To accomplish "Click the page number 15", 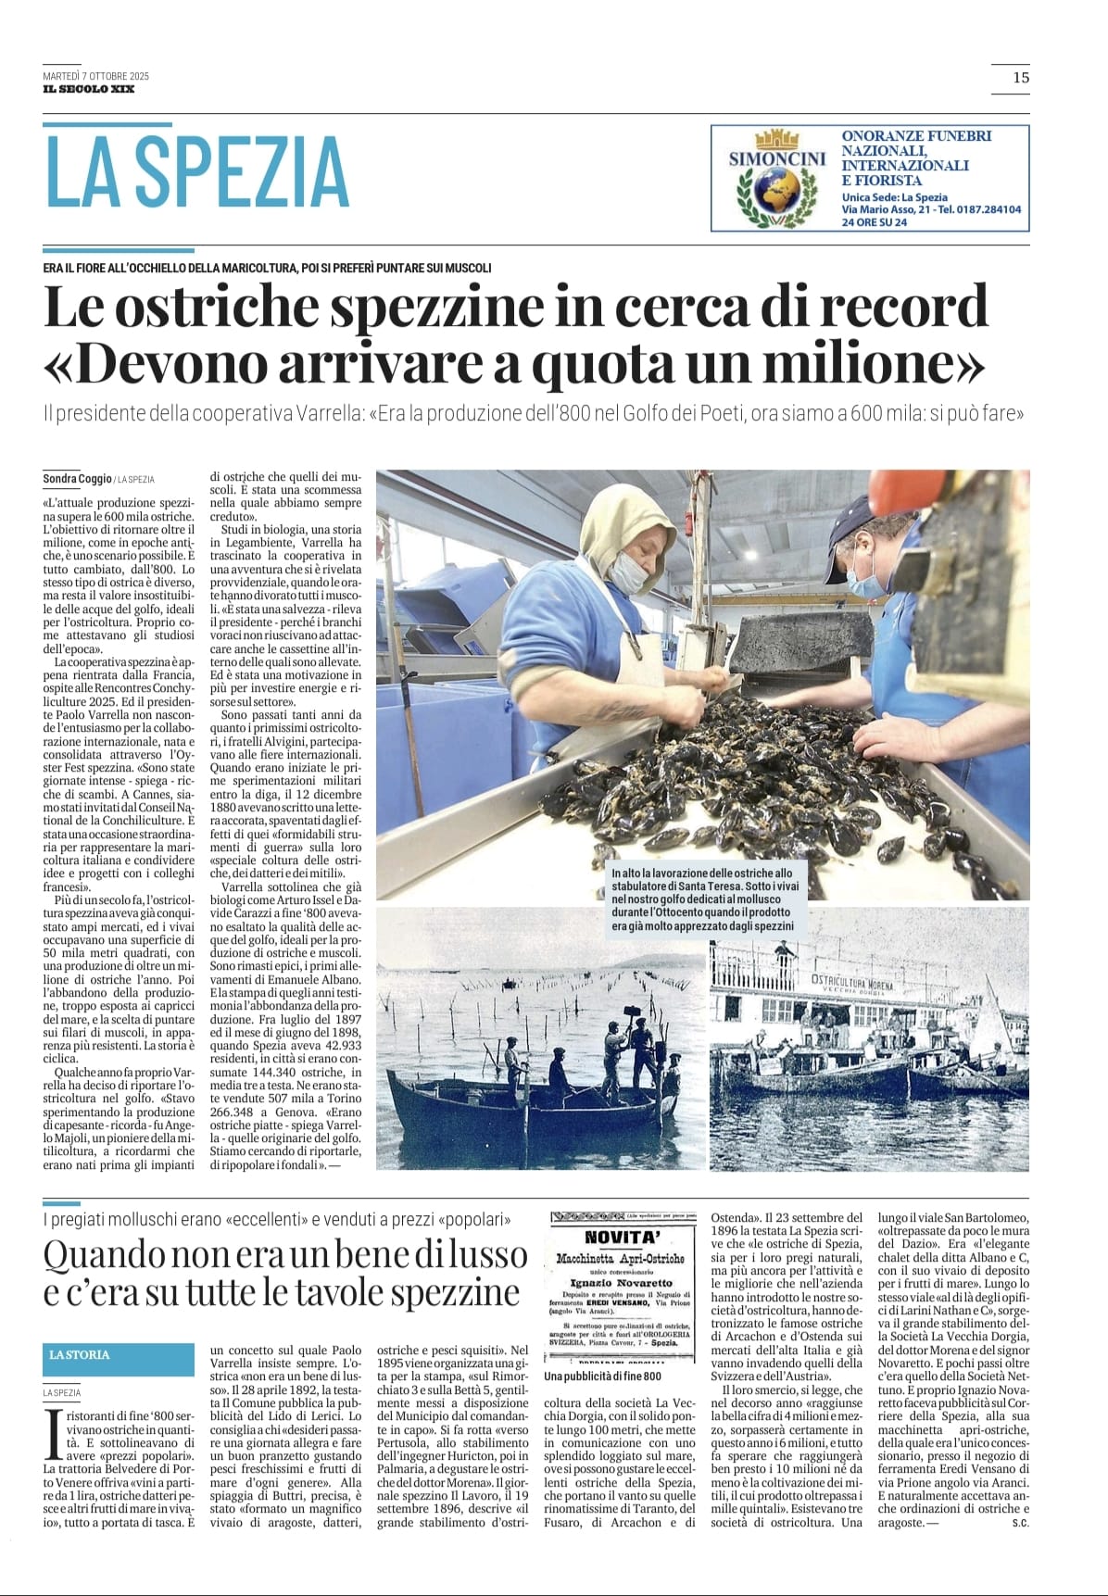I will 1020,78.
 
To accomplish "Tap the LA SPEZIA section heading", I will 196,172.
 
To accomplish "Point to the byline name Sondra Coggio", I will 77,479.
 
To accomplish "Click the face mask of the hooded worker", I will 626,571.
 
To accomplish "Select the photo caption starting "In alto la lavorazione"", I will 702,899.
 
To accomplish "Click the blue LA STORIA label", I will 80,1354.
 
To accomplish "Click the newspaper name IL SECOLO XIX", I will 89,89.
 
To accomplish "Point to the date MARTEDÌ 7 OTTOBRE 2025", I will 95,76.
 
